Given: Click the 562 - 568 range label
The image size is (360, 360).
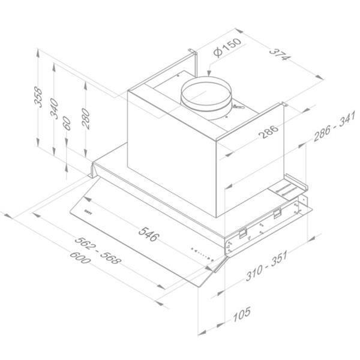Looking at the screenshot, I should [98, 250].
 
